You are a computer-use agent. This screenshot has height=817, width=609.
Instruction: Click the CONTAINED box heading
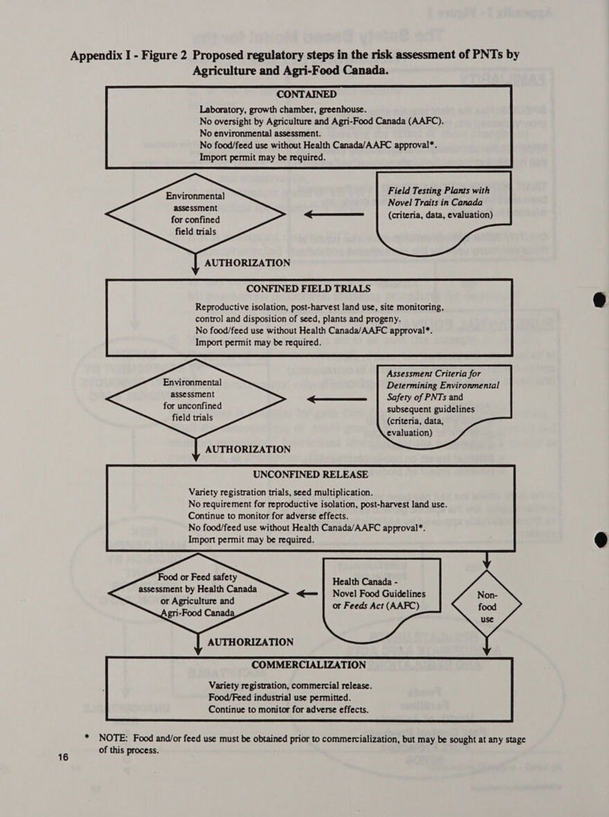click(x=306, y=94)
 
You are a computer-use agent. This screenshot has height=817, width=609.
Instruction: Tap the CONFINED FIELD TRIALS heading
click(x=308, y=289)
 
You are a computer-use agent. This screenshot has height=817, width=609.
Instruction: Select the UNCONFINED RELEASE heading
click(x=311, y=474)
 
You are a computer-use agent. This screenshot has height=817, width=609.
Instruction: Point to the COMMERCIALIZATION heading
click(x=308, y=665)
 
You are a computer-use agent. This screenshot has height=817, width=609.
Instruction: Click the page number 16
click(x=63, y=757)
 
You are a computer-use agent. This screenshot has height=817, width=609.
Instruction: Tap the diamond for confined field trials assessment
click(x=196, y=214)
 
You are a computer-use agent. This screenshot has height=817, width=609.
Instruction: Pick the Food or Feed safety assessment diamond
click(x=198, y=594)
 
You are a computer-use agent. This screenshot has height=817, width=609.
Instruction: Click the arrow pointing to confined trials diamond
click(x=334, y=214)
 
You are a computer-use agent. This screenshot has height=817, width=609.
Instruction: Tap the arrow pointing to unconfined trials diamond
click(x=336, y=400)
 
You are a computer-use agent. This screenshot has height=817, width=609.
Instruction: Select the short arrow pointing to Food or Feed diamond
click(x=307, y=593)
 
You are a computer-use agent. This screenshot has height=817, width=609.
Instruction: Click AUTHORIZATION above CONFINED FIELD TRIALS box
click(x=247, y=263)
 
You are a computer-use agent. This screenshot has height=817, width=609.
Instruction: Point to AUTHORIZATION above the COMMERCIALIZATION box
click(x=250, y=643)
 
